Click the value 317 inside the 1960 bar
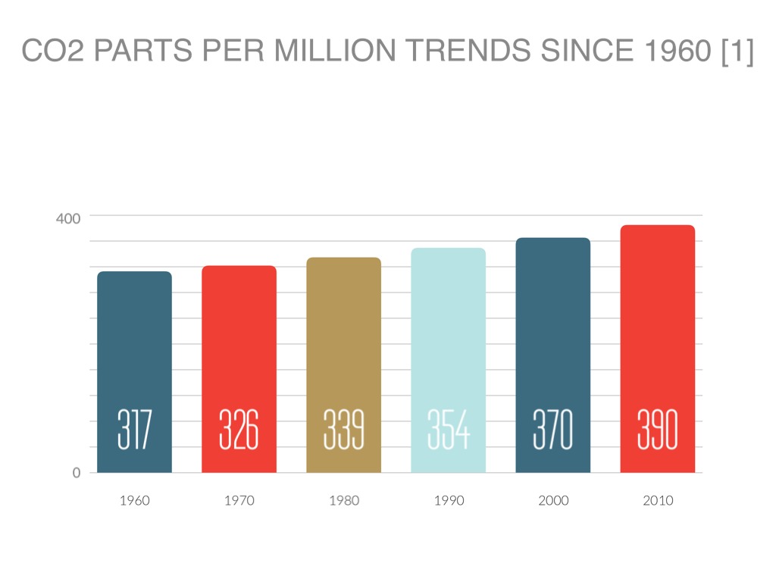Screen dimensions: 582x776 tap(134, 429)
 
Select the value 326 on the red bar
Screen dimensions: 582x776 tap(239, 429)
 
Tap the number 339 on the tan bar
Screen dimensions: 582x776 tap(343, 429)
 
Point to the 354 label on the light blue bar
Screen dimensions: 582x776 tap(448, 429)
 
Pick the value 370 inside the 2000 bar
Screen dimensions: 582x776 tap(552, 429)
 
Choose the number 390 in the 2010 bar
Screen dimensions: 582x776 tap(657, 429)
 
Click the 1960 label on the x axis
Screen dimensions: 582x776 tap(134, 500)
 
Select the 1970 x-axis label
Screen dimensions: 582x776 tap(239, 500)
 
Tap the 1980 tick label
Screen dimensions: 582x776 tap(343, 500)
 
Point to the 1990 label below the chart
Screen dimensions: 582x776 tap(448, 500)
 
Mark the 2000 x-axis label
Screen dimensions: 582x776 tap(552, 500)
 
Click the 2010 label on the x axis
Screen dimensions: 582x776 tap(657, 500)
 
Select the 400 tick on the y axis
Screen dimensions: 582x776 tap(68, 218)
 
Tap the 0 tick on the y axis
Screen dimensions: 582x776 tap(76, 473)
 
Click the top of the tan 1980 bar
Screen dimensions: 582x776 tap(343, 259)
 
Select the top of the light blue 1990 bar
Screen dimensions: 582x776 tap(448, 249)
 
